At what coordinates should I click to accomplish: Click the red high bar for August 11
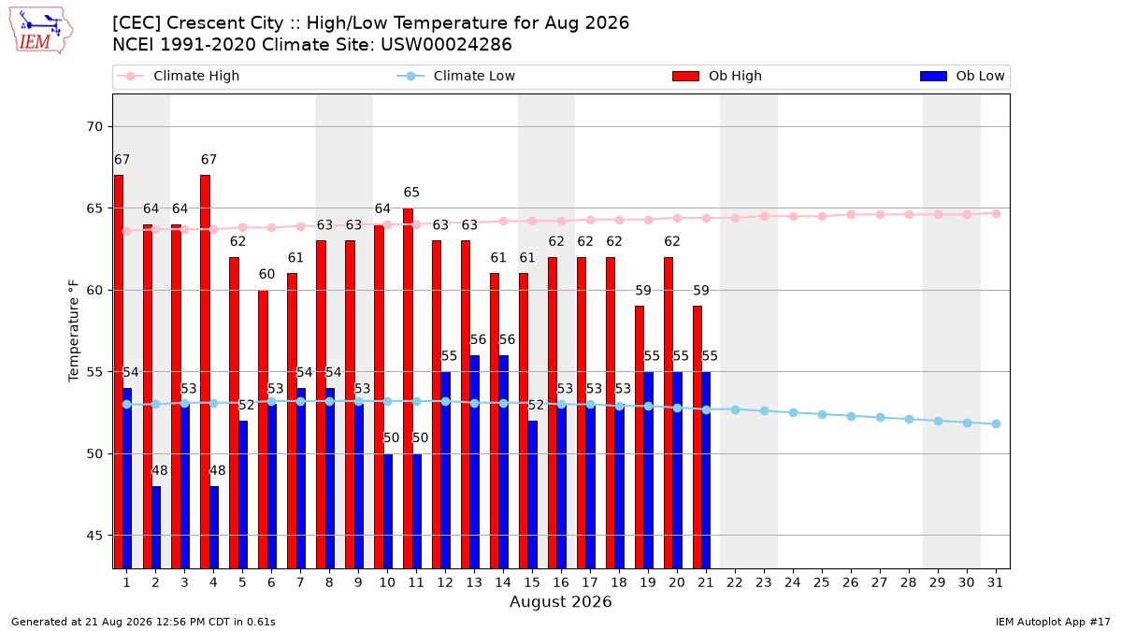pos(408,388)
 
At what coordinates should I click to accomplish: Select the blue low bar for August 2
pos(156,527)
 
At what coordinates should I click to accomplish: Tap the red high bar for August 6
pos(263,429)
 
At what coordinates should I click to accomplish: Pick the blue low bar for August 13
pos(474,462)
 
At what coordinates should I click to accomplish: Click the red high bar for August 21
pos(698,437)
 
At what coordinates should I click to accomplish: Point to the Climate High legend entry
pos(178,76)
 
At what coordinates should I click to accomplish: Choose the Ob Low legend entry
pos(962,76)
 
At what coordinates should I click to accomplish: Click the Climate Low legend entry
pos(456,76)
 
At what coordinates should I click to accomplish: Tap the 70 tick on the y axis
pos(94,127)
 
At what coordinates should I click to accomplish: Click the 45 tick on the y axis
pos(94,536)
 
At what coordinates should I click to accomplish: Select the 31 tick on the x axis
pos(995,582)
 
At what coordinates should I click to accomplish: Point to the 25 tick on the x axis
pos(822,582)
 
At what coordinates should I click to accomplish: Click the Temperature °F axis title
pos(73,331)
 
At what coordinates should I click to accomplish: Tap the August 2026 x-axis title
pos(560,601)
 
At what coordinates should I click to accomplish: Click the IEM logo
pos(41,31)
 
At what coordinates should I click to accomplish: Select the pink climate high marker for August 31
pos(996,214)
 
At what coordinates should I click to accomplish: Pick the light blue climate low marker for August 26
pos(851,416)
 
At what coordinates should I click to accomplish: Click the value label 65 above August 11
pos(411,193)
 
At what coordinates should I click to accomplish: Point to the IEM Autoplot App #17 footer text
pos(1053,622)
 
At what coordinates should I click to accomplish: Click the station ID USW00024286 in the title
pos(446,45)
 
